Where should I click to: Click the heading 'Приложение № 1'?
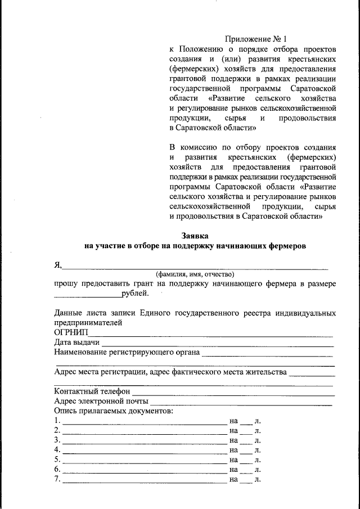(255, 39)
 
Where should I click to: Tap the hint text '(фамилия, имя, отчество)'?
(195, 274)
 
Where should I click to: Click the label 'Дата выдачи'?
(77, 343)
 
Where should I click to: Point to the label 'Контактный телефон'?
(92, 391)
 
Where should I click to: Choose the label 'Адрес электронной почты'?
(101, 401)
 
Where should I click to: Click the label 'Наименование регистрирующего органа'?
(127, 353)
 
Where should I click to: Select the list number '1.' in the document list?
(57, 421)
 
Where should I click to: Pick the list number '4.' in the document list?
(57, 450)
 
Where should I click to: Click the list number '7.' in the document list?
(57, 480)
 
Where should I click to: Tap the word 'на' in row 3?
(234, 440)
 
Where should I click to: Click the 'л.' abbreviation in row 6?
(258, 470)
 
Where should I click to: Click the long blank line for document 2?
(144, 433)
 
